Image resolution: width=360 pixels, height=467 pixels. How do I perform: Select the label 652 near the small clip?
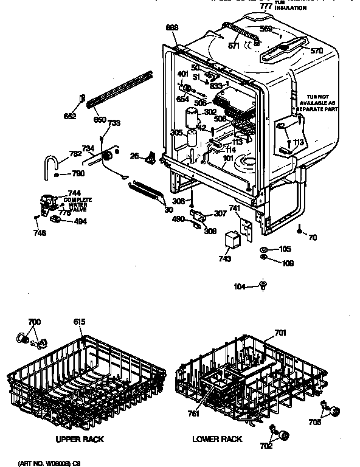click(71, 116)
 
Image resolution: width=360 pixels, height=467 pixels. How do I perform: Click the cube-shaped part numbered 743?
click(232, 240)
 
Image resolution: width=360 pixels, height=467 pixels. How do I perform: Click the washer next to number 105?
click(263, 249)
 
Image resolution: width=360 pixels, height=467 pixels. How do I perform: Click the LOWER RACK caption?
click(217, 438)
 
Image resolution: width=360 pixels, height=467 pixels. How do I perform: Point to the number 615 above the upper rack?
click(80, 322)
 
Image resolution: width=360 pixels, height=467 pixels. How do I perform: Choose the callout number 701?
click(280, 332)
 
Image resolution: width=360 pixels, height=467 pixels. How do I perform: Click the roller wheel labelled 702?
click(283, 434)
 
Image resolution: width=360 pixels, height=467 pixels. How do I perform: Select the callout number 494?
click(80, 221)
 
